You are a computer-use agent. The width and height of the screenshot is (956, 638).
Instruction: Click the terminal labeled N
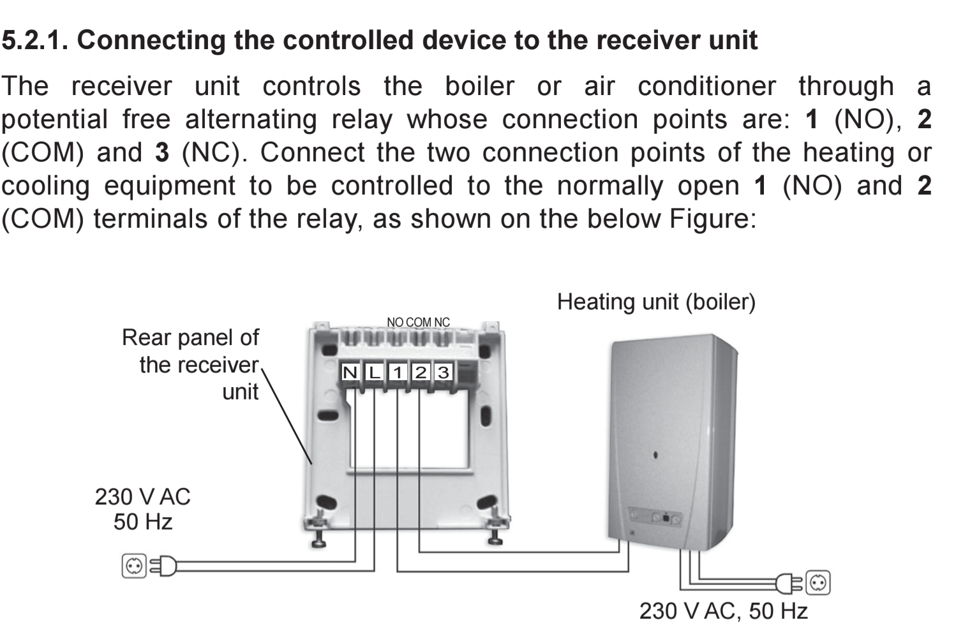pos(350,372)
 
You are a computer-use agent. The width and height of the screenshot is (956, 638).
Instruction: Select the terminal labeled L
pos(374,372)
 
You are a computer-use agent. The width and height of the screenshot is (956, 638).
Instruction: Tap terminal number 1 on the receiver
pos(398,372)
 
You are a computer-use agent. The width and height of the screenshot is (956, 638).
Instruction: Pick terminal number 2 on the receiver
pos(421,372)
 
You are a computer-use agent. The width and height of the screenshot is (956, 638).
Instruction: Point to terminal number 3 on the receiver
pos(444,372)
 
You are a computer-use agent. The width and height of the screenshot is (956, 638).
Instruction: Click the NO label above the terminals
pos(395,322)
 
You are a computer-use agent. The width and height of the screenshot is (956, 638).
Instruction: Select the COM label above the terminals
pos(419,322)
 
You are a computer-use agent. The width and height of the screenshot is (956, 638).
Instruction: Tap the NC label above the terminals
pos(442,322)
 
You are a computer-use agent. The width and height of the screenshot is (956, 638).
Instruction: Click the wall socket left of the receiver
pos(134,566)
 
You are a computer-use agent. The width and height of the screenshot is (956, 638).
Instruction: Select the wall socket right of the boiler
pos(818,582)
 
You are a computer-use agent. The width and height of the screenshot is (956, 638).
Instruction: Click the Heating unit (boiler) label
pos(656,302)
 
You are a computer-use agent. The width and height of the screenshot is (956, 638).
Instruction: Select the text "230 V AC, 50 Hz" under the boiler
pos(723,611)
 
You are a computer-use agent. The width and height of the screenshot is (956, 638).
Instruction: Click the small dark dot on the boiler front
pos(655,456)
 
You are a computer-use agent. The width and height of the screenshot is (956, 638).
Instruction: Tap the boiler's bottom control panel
pos(655,517)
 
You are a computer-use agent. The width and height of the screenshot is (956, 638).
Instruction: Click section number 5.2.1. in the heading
pos(34,40)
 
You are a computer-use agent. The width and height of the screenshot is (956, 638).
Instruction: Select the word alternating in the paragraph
pos(251,119)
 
